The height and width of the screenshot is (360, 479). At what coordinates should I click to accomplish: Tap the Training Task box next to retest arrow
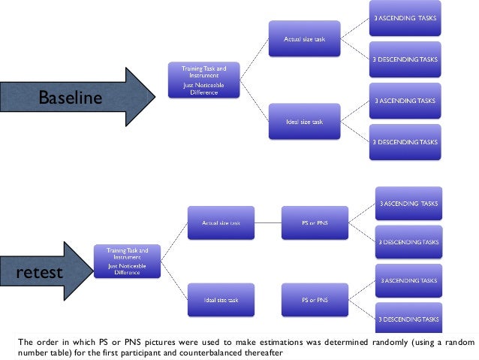pyautogui.click(x=128, y=260)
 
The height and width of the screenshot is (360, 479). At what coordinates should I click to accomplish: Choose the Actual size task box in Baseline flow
pyautogui.click(x=303, y=38)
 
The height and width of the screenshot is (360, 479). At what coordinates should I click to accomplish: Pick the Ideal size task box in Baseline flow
pyautogui.click(x=303, y=122)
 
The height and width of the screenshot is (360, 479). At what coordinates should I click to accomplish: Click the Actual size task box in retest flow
pyautogui.click(x=220, y=223)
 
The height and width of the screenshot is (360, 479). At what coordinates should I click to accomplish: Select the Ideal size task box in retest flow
pyautogui.click(x=220, y=299)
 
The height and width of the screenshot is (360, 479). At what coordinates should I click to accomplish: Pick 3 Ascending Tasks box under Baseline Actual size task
pyautogui.click(x=405, y=18)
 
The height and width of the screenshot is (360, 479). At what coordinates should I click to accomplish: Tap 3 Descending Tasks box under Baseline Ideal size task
pyautogui.click(x=405, y=141)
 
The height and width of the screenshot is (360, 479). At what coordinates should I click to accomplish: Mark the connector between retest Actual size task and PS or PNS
pyautogui.click(x=267, y=223)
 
